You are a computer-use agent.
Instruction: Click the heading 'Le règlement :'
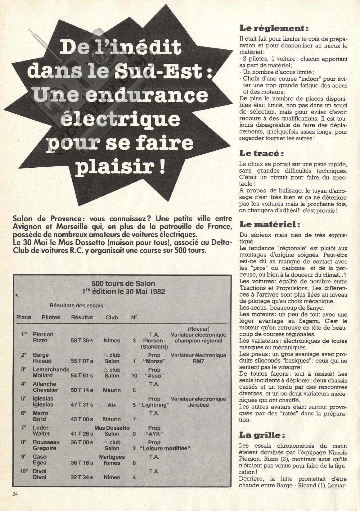click(274, 29)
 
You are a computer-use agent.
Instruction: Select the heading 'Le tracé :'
click(262, 153)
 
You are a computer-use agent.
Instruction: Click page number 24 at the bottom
click(16, 494)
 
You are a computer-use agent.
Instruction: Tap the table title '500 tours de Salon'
click(123, 283)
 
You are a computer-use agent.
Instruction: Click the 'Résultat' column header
click(82, 317)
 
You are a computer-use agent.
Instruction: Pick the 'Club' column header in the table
click(112, 317)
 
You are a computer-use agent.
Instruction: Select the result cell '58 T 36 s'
click(82, 341)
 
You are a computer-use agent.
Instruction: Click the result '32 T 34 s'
click(82, 477)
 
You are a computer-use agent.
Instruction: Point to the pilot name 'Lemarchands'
click(51, 370)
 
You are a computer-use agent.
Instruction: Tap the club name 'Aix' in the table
click(112, 405)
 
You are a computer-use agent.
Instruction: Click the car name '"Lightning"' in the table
click(154, 405)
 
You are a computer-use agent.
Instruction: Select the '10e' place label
click(24, 471)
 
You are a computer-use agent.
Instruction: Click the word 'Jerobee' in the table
click(198, 405)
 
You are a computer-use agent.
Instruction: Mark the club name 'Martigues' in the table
click(112, 457)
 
